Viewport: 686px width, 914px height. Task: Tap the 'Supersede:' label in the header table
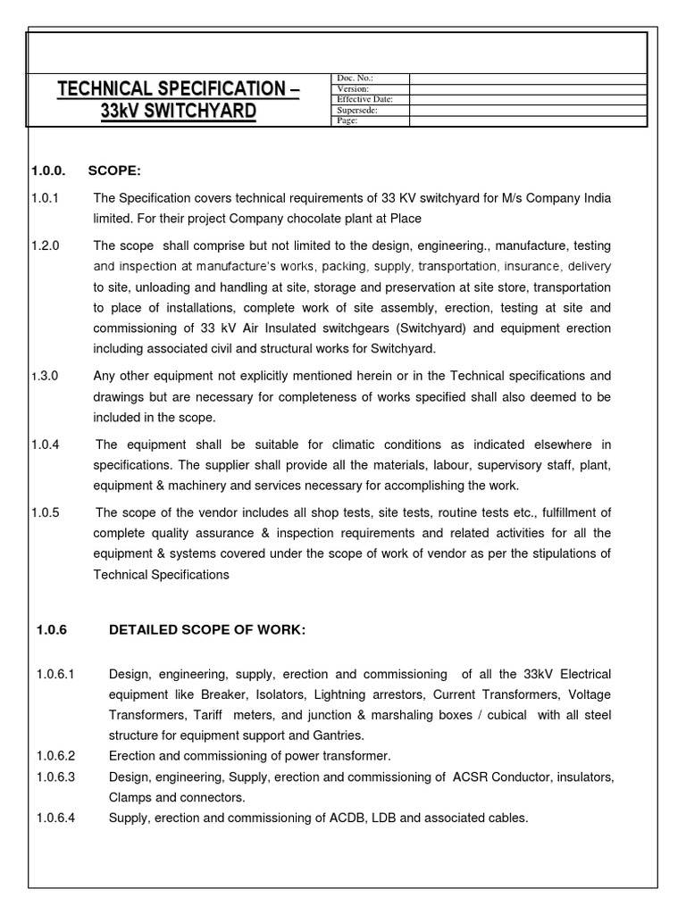pos(358,111)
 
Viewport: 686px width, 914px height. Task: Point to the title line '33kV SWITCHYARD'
pos(178,112)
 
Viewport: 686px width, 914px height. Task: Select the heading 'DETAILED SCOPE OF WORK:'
pos(206,630)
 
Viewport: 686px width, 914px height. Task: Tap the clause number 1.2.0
pos(45,245)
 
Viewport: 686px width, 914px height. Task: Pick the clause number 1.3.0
pos(45,376)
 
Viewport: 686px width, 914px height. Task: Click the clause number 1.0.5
pos(45,512)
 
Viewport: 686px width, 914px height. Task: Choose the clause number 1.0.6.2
pos(56,756)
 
